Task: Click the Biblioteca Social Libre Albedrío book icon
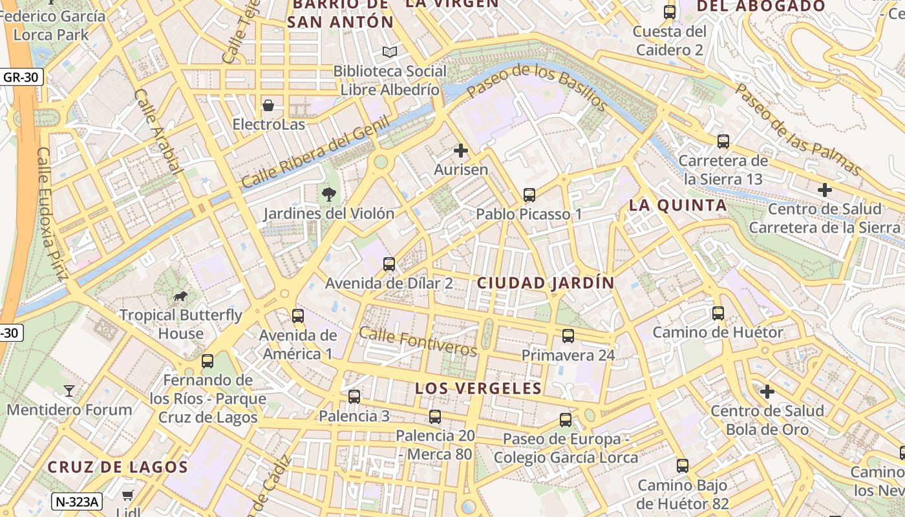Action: tap(390, 52)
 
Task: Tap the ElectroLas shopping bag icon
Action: tap(268, 105)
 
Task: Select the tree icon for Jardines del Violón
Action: tap(329, 193)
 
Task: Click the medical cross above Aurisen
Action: tap(461, 151)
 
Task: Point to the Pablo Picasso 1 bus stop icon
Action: tap(529, 195)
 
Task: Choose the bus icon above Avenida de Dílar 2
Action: tap(389, 264)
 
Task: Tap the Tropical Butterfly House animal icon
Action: tap(180, 296)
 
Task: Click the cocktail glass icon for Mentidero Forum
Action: tap(69, 390)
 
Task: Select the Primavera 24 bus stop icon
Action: tap(568, 336)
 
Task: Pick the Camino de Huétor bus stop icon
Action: tap(718, 313)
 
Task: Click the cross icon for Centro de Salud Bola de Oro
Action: tap(767, 392)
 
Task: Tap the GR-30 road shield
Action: tap(21, 78)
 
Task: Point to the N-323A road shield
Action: tap(77, 501)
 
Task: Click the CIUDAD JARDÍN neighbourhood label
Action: tap(546, 283)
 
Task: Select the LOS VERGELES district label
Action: tap(478, 388)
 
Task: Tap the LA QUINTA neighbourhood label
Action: tap(678, 206)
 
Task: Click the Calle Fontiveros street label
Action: tap(418, 341)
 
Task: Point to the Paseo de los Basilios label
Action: tap(536, 87)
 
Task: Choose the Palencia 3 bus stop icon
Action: tap(354, 397)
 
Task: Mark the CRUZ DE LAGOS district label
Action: tap(118, 467)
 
